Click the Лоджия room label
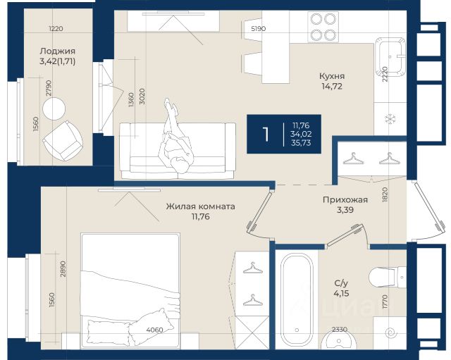(58, 51)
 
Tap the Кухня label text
(332, 76)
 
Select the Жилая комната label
(200, 206)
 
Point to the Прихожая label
(345, 199)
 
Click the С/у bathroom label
(341, 283)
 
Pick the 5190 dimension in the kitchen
(259, 28)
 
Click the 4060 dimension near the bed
(155, 330)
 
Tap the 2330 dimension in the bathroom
(340, 330)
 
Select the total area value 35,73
(301, 143)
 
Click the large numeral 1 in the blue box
(266, 134)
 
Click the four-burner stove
(323, 27)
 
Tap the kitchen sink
(390, 55)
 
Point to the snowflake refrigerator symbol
(390, 119)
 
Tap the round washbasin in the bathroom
(338, 340)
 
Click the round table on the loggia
(54, 108)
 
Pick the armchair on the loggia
(63, 141)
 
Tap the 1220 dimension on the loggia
(56, 28)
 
